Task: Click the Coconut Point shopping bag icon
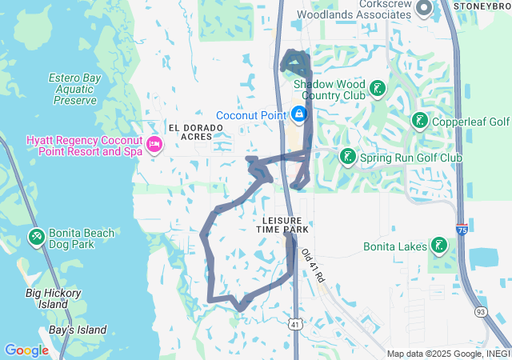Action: pos(298,115)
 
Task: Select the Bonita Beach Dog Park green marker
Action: pos(36,238)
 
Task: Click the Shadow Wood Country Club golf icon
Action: pos(377,90)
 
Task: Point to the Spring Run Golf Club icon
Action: pos(347,157)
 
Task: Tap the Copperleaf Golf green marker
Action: pos(418,121)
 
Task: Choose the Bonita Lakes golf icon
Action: pos(438,246)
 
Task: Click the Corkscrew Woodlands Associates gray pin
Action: pos(423,9)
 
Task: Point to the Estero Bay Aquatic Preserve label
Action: pos(72,89)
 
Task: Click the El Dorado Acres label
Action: pos(190,131)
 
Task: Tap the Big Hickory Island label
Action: pos(53,298)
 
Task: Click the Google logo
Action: pos(26,350)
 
